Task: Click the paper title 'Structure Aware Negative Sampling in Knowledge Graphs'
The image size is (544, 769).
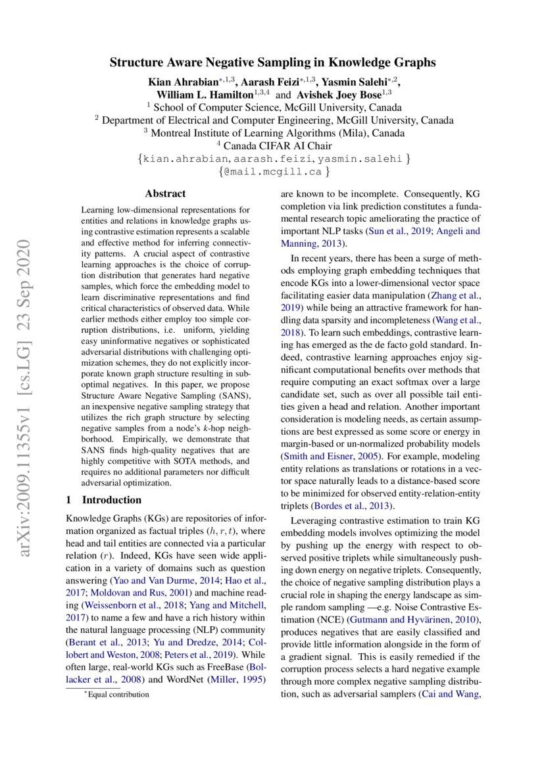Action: [272, 63]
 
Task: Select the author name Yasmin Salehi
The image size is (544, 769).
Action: [365, 82]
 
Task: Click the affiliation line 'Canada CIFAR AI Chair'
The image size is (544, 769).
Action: [275, 145]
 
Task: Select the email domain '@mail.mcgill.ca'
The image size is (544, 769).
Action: [272, 172]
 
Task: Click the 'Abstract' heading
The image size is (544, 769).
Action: [165, 193]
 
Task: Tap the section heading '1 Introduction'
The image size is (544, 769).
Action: [104, 499]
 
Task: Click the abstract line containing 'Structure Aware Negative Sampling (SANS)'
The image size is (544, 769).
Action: [164, 396]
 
